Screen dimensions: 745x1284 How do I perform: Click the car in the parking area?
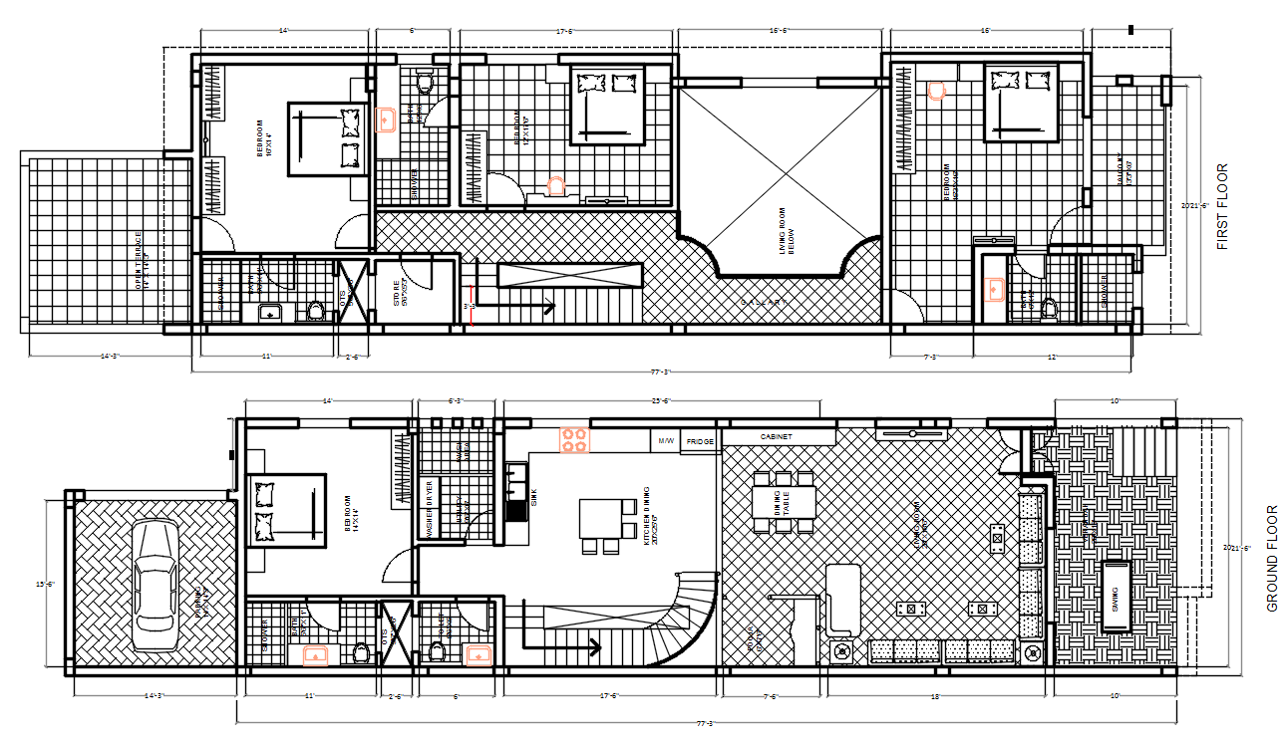[x=155, y=588]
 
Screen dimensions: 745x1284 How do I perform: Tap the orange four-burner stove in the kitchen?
[x=574, y=438]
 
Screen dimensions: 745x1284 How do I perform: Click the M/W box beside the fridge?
[x=666, y=439]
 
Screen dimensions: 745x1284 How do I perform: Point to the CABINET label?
[x=778, y=437]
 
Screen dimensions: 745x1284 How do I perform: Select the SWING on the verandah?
[x=1115, y=596]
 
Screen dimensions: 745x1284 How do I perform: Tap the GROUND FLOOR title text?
[x=1271, y=559]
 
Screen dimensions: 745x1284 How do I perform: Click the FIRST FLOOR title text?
[x=1223, y=206]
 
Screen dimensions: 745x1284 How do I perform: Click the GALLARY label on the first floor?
[x=765, y=301]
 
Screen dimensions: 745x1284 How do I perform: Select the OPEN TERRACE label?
[x=143, y=261]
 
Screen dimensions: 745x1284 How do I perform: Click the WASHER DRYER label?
[x=430, y=509]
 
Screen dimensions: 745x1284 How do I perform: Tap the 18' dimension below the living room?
[x=934, y=696]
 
